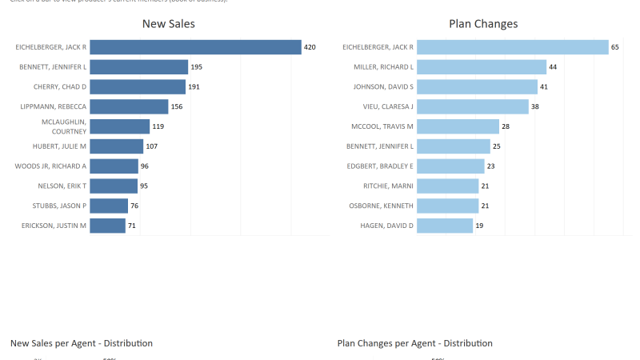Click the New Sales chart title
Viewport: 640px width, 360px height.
(x=168, y=24)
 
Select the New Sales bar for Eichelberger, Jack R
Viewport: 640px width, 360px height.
(x=195, y=47)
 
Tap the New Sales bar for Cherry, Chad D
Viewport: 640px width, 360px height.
(x=137, y=86)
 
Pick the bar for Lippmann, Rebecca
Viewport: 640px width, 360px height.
(x=129, y=106)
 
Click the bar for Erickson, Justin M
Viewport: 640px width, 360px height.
(x=107, y=226)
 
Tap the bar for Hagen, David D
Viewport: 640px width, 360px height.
(x=444, y=226)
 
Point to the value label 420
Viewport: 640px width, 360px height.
(x=310, y=48)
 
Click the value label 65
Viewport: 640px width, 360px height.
(x=615, y=48)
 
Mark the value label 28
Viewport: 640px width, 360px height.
(x=506, y=126)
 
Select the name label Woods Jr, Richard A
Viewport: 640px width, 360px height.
(x=50, y=166)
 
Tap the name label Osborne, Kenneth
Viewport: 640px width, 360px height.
(x=382, y=206)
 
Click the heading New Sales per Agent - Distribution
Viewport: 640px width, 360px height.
(x=82, y=343)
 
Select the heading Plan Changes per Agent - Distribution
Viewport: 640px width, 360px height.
(x=415, y=343)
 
